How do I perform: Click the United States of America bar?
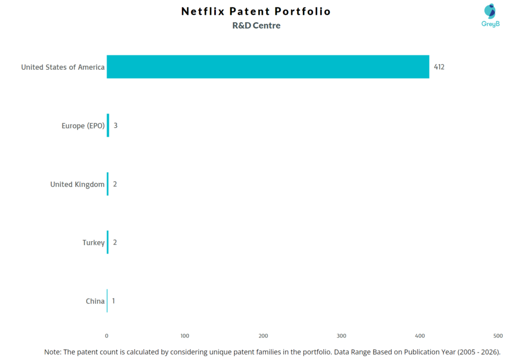(267, 66)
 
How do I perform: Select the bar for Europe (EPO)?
(108, 125)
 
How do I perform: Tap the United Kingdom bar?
(107, 184)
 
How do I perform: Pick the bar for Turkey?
(107, 242)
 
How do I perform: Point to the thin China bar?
(107, 301)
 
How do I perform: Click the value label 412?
(439, 67)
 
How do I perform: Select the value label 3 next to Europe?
(115, 125)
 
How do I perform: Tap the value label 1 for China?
(113, 301)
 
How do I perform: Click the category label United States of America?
(63, 67)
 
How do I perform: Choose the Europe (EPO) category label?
(83, 126)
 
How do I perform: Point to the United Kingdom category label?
(77, 184)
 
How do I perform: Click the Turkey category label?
(94, 243)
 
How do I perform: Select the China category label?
(95, 301)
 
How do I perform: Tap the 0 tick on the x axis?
(106, 336)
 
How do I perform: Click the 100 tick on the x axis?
(185, 336)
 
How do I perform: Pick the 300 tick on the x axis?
(341, 336)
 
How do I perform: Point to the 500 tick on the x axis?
(498, 336)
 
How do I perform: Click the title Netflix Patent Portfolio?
(256, 11)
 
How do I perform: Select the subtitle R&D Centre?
(256, 26)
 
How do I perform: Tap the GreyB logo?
(490, 15)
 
